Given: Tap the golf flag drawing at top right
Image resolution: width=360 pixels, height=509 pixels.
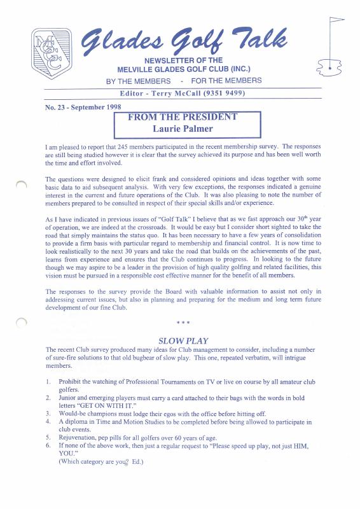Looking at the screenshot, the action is pos(329,48).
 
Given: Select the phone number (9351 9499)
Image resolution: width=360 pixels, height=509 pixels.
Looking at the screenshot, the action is pos(221,94).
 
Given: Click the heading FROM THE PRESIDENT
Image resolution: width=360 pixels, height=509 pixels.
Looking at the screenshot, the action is pos(183,117).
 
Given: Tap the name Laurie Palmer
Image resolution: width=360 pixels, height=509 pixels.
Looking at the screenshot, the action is pos(183,129).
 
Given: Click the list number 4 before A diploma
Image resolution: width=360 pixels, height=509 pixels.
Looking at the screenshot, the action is pos(49,421).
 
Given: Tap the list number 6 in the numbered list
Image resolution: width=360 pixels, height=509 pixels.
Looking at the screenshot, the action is pos(49,445).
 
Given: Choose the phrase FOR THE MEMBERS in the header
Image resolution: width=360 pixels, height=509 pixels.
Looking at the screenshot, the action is pos(226,81).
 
